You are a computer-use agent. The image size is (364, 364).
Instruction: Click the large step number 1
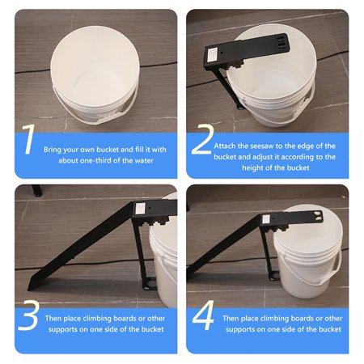[29, 139]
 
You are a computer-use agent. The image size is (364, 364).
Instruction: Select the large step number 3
[30, 317]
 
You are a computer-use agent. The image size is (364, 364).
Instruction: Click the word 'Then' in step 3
[59, 318]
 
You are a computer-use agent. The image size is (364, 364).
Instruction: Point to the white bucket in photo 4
[307, 259]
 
